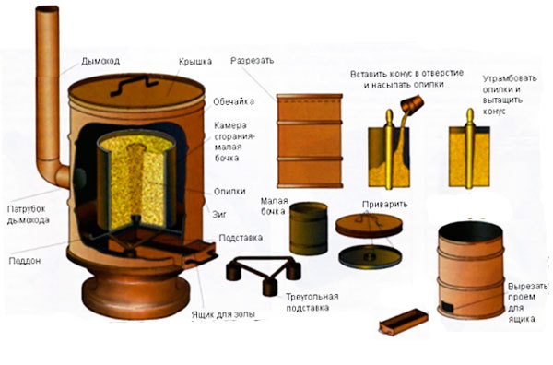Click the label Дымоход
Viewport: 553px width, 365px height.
[x=100, y=61]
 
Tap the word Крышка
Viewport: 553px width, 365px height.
[x=195, y=62]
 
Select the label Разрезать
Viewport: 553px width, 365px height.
[x=252, y=61]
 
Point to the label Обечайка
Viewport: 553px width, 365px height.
[x=233, y=101]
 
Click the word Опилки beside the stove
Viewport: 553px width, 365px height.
[x=229, y=192]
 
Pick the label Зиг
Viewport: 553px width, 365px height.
[x=219, y=214]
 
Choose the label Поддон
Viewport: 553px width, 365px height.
[x=25, y=261]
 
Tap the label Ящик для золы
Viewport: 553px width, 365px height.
[x=223, y=314]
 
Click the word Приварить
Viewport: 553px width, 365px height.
[x=384, y=205]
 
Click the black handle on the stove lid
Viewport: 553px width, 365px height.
[x=134, y=86]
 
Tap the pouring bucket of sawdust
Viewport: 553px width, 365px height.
[x=412, y=103]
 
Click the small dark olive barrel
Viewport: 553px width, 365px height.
[x=309, y=229]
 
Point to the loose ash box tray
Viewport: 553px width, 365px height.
[x=404, y=322]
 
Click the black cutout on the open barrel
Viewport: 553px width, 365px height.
[x=447, y=306]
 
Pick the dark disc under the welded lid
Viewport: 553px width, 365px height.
[x=370, y=256]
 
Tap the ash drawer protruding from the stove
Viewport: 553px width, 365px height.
[x=198, y=253]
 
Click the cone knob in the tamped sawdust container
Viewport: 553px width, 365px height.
[x=470, y=114]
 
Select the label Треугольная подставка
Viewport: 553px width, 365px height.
[x=312, y=302]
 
